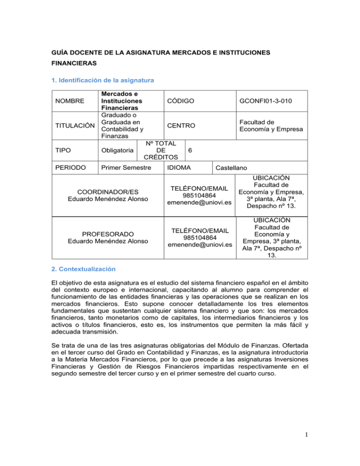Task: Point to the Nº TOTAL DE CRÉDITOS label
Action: coord(159,150)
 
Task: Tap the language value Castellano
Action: coord(233,167)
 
